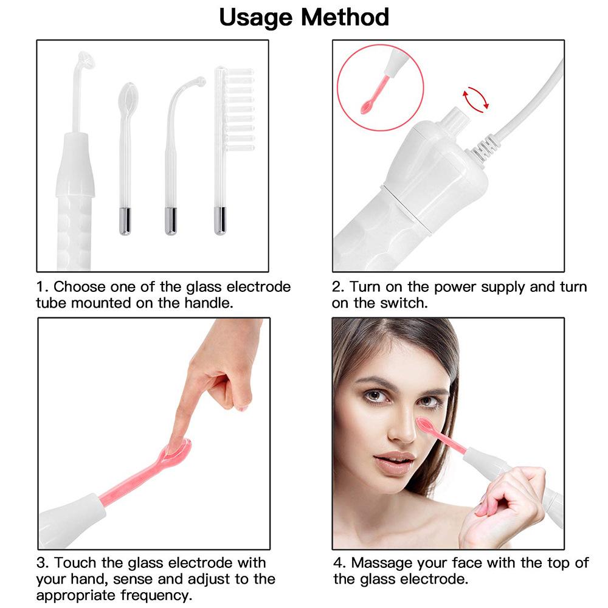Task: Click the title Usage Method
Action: pos(304,17)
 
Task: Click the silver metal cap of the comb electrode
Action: pos(219,220)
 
